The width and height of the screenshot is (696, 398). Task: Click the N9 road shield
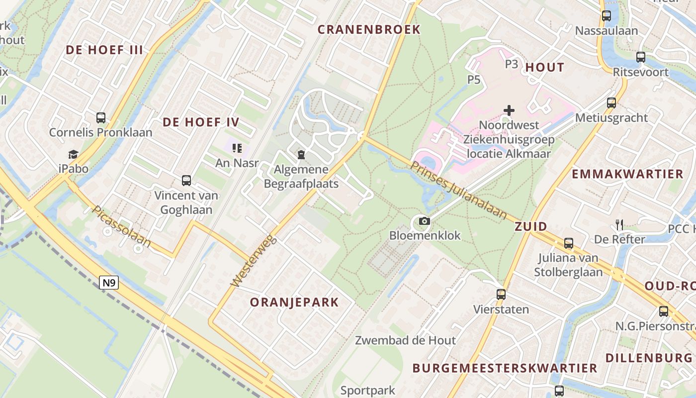point(109,283)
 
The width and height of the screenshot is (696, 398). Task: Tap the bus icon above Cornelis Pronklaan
point(101,118)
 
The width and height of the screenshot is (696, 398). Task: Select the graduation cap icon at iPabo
point(74,154)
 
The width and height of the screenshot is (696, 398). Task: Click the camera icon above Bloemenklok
point(424,221)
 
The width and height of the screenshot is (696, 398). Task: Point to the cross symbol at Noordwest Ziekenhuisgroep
point(509,110)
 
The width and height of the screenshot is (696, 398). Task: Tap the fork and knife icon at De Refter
point(619,225)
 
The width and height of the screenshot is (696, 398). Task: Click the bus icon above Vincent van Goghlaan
point(186,181)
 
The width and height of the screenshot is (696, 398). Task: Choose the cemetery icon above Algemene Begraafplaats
point(301,155)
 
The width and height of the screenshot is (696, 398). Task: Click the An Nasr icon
point(237,148)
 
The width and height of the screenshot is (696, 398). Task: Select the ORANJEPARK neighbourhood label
point(294,302)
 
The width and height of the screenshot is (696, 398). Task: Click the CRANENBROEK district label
point(369,29)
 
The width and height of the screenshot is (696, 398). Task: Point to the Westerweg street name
point(252,260)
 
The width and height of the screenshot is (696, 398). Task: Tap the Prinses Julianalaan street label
point(458,191)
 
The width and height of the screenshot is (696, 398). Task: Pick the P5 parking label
point(474,79)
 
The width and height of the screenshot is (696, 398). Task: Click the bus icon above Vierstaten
point(501,294)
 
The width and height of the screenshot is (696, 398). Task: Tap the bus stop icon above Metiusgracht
point(611,103)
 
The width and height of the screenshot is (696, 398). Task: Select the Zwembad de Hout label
point(405,340)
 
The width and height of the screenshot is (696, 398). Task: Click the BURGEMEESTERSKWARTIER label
point(505,368)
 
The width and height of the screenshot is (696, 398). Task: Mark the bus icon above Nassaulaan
point(607,16)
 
